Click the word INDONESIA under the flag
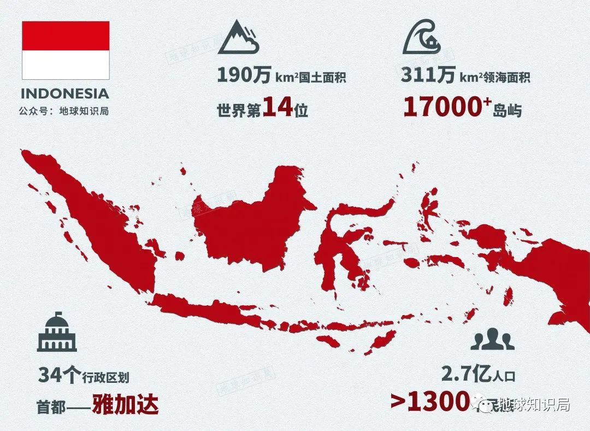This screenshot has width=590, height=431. (x=65, y=94)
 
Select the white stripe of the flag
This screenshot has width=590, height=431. (x=66, y=65)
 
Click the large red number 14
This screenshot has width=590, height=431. (x=278, y=108)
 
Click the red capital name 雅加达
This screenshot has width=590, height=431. (x=125, y=405)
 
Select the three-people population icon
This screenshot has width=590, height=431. (x=492, y=339)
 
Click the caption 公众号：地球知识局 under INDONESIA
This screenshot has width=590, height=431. (x=64, y=111)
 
